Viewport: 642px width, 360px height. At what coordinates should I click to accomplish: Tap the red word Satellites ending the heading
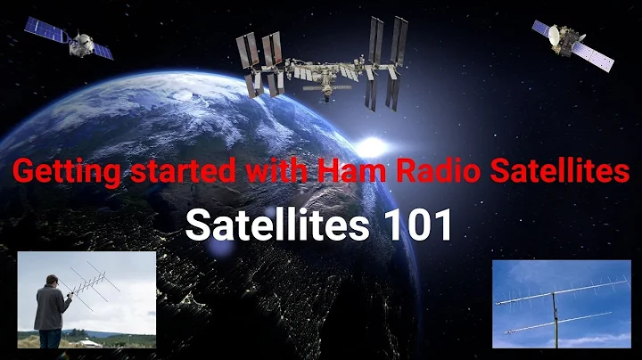coord(560,173)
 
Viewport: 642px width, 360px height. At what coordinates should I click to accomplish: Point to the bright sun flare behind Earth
coord(373,145)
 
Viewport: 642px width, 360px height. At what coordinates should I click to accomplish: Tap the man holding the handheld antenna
coord(52,307)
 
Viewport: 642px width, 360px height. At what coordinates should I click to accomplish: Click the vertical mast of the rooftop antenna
coord(555,316)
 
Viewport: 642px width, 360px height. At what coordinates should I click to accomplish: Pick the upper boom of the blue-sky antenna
coord(553,295)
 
